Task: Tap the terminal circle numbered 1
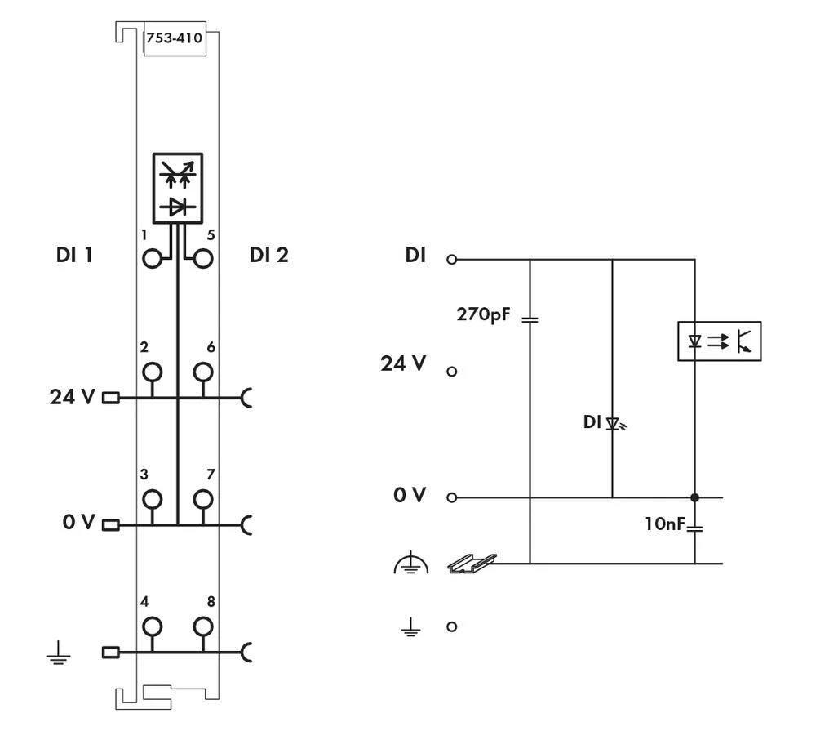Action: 152,260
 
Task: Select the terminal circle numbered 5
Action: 202,260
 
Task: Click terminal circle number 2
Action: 152,372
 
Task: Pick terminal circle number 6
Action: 202,372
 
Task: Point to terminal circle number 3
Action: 152,499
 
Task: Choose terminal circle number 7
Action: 202,499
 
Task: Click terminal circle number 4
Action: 152,626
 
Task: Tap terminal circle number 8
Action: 202,626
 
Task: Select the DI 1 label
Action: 71,256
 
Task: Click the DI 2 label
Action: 268,256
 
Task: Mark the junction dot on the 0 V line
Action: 695,497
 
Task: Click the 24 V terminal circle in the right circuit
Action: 452,372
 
